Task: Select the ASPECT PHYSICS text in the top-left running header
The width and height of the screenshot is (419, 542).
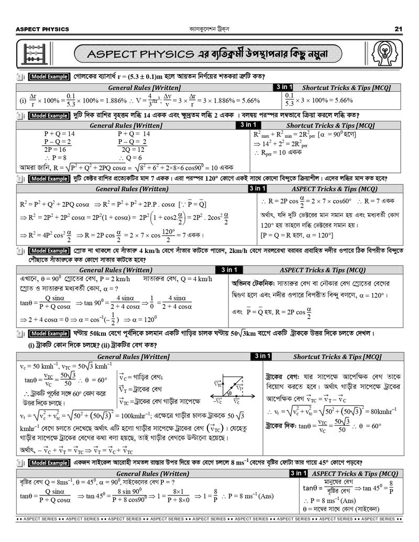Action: click(35, 29)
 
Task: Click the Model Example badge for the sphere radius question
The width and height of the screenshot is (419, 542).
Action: click(49, 77)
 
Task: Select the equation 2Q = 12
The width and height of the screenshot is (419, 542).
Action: click(133, 149)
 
